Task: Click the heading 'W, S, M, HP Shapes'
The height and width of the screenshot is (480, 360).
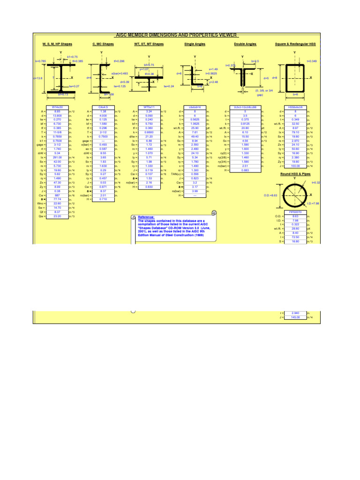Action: click(58, 45)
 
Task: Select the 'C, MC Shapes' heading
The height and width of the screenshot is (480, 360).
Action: click(103, 45)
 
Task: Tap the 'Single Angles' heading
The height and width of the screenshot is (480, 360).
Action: click(195, 45)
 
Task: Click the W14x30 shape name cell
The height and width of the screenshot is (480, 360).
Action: click(58, 107)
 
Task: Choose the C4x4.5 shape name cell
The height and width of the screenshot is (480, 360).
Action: click(103, 107)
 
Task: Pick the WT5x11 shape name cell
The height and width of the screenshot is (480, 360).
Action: click(149, 107)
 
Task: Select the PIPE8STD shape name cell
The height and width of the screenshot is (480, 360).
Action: click(295, 212)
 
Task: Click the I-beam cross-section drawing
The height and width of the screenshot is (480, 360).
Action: click(57, 78)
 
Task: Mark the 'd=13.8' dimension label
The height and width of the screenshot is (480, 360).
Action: click(38, 78)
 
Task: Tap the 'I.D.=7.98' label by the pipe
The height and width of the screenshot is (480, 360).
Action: click(313, 203)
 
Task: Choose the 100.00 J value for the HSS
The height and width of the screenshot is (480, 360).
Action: click(295, 165)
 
